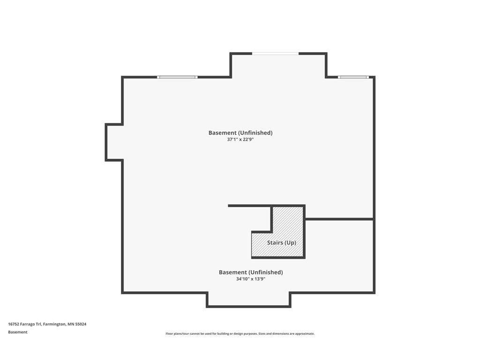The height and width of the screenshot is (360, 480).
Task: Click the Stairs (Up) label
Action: tap(281, 243)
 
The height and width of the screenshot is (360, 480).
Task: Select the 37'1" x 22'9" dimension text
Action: tap(240, 140)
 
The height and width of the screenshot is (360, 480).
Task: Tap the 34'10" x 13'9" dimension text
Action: tap(250, 279)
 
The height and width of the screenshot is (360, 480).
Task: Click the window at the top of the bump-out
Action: tap(275, 53)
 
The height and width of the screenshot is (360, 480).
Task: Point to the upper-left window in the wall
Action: tap(177, 77)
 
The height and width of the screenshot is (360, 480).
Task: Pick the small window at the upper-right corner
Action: tap(353, 77)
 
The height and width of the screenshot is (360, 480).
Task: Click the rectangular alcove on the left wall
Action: tap(114, 142)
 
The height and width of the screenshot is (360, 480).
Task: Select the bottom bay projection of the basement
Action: tap(248, 300)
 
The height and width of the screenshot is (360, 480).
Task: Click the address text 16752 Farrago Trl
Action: tap(25, 324)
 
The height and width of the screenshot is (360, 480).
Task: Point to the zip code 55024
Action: tap(81, 324)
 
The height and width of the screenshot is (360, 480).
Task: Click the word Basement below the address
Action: tap(18, 332)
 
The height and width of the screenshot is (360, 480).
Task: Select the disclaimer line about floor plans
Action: tap(240, 334)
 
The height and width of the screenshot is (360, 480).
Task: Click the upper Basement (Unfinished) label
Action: tap(240, 133)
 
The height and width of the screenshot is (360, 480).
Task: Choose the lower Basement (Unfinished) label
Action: tap(251, 272)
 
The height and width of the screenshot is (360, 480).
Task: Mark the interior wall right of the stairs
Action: tap(339, 219)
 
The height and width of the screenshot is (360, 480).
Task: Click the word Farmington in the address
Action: tap(54, 324)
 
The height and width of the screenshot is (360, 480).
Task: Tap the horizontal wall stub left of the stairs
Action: tap(250, 206)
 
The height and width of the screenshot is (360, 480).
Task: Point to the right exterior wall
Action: tap(374, 185)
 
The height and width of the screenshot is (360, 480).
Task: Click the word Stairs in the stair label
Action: tap(275, 243)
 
